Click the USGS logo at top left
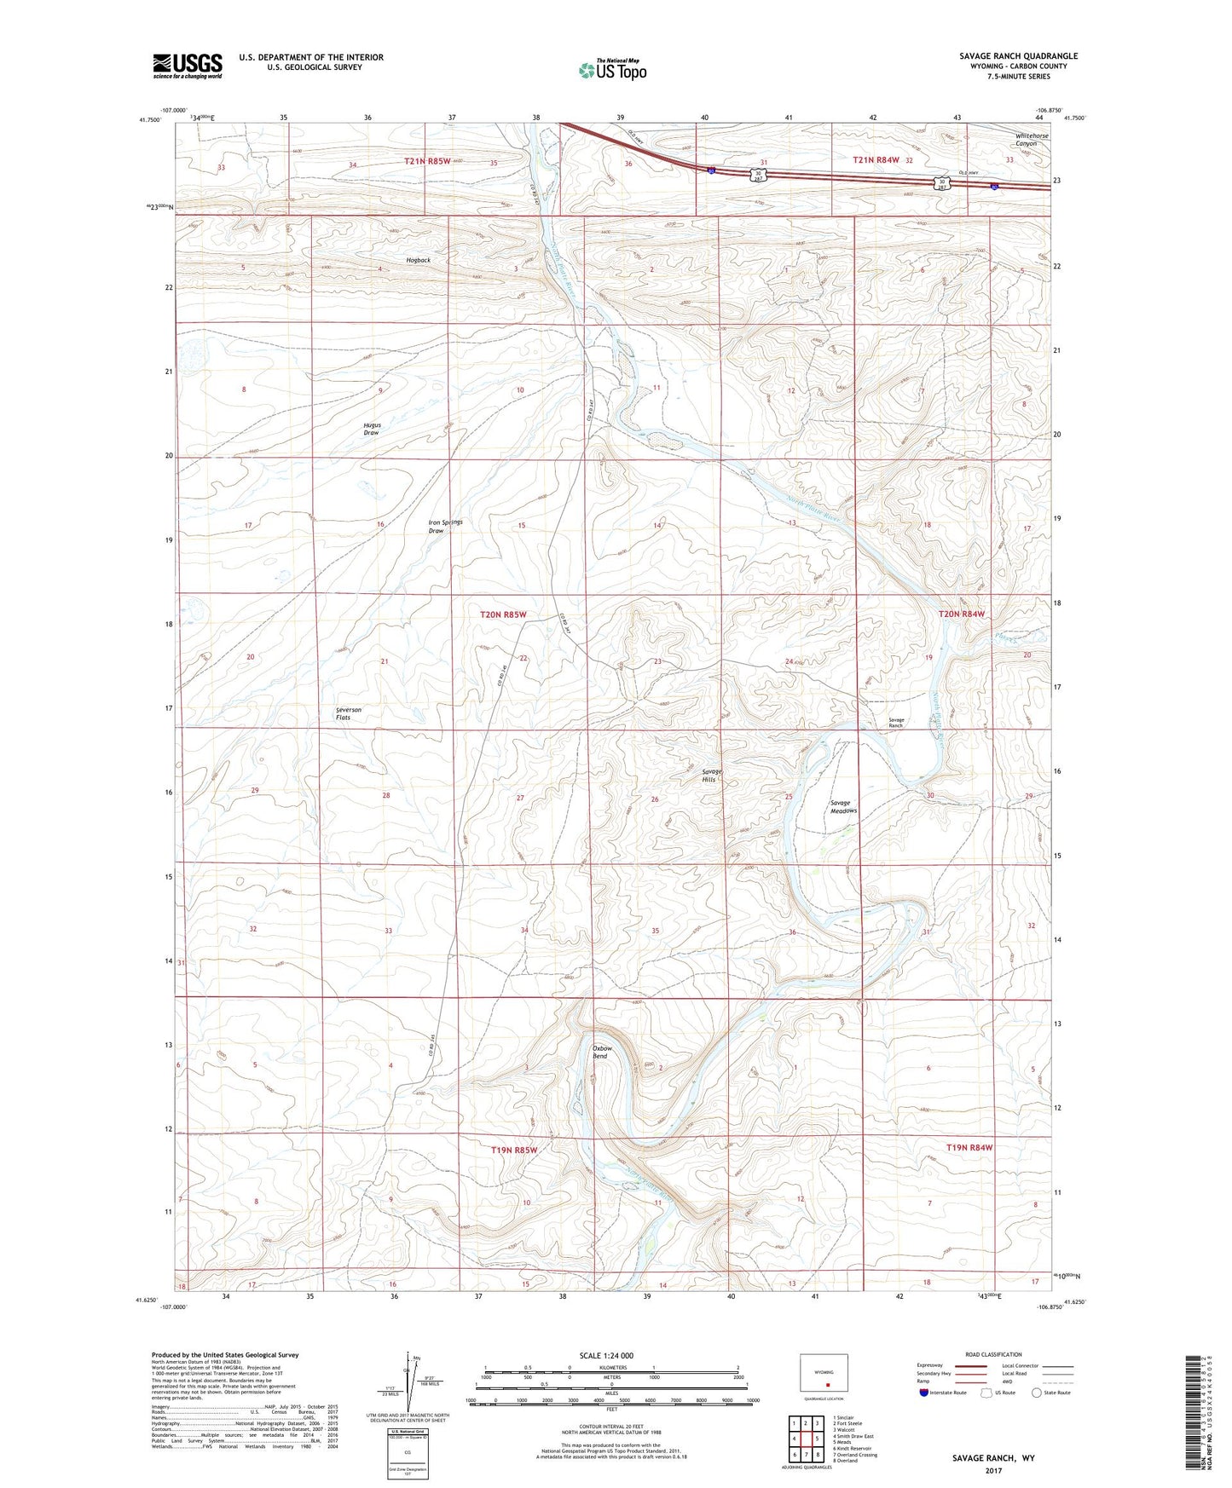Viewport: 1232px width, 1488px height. [188, 66]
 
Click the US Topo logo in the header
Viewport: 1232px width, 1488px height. [611, 70]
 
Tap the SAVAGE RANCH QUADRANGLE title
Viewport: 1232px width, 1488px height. [1018, 56]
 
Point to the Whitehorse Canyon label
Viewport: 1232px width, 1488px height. [1032, 140]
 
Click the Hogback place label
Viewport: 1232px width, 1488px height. [418, 260]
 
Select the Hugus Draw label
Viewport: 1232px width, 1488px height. [372, 429]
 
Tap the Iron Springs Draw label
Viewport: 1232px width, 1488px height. [445, 527]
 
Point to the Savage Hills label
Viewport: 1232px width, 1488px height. [711, 776]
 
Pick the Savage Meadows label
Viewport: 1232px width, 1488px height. [843, 806]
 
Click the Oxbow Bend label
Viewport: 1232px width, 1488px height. [602, 1052]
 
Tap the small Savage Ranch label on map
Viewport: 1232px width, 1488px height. [896, 723]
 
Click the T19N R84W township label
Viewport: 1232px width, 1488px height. [969, 1148]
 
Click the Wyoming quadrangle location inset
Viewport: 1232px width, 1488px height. [824, 1374]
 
